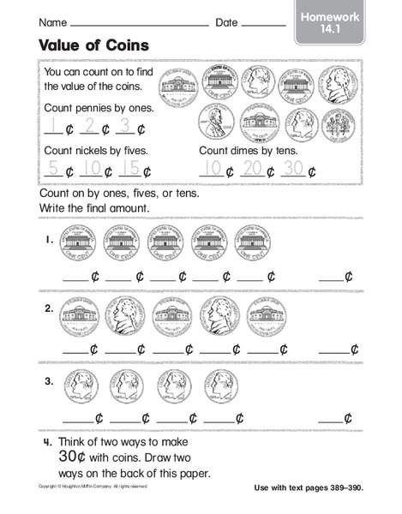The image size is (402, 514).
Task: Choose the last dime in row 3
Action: (222, 387)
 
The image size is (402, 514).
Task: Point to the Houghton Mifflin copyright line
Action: (97, 486)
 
